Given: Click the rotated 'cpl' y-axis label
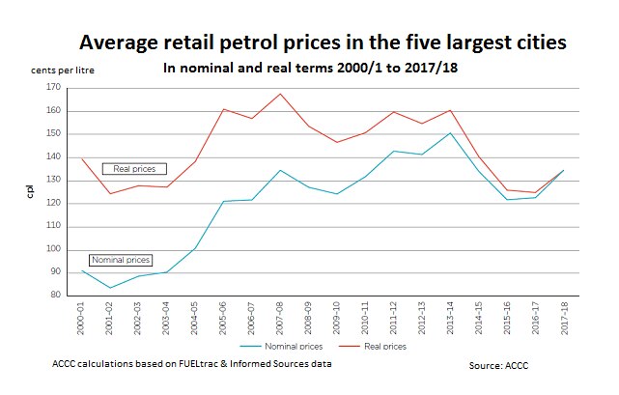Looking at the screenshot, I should click(x=30, y=192).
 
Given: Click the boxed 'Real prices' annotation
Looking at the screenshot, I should click(x=134, y=169).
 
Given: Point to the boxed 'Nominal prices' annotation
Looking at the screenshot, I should click(x=120, y=260).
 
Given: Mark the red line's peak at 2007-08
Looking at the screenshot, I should click(x=280, y=94).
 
